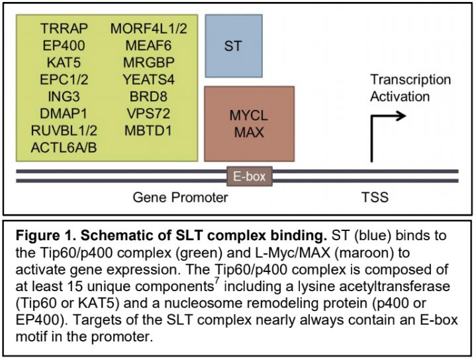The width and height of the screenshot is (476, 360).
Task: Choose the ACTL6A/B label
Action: [x=64, y=147]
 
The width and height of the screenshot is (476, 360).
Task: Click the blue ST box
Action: [x=233, y=47]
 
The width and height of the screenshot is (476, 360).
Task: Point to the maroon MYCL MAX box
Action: [x=248, y=124]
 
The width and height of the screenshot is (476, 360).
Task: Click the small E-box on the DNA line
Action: [x=249, y=176]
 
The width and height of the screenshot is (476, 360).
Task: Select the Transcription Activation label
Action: [x=410, y=88]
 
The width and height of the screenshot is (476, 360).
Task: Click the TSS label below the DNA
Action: [x=375, y=197]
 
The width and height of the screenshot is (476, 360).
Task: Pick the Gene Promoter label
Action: [x=181, y=197]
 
